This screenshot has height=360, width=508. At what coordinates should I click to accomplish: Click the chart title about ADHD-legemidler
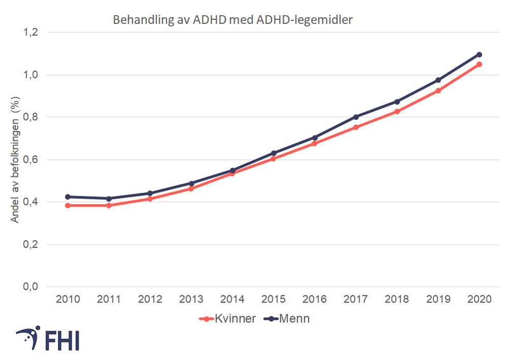[232, 20]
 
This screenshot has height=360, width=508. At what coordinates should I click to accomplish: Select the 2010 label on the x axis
[68, 299]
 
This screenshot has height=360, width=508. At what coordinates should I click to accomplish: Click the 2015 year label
[273, 299]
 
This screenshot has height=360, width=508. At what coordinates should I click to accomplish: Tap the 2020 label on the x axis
[479, 299]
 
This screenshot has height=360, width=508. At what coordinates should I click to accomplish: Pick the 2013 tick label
[191, 299]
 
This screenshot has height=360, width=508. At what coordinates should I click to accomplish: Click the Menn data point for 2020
[479, 54]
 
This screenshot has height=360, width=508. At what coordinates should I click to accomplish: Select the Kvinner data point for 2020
[479, 64]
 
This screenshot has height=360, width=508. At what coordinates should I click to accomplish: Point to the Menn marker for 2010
[68, 197]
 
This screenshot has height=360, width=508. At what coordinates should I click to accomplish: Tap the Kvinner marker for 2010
[68, 205]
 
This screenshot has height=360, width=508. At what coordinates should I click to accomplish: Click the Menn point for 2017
[356, 117]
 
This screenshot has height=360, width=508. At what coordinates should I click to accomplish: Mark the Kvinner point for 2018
[397, 111]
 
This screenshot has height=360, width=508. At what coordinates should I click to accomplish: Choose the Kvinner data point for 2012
[150, 199]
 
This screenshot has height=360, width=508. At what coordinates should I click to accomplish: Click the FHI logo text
[61, 341]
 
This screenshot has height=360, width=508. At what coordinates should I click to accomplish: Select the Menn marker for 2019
[438, 80]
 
